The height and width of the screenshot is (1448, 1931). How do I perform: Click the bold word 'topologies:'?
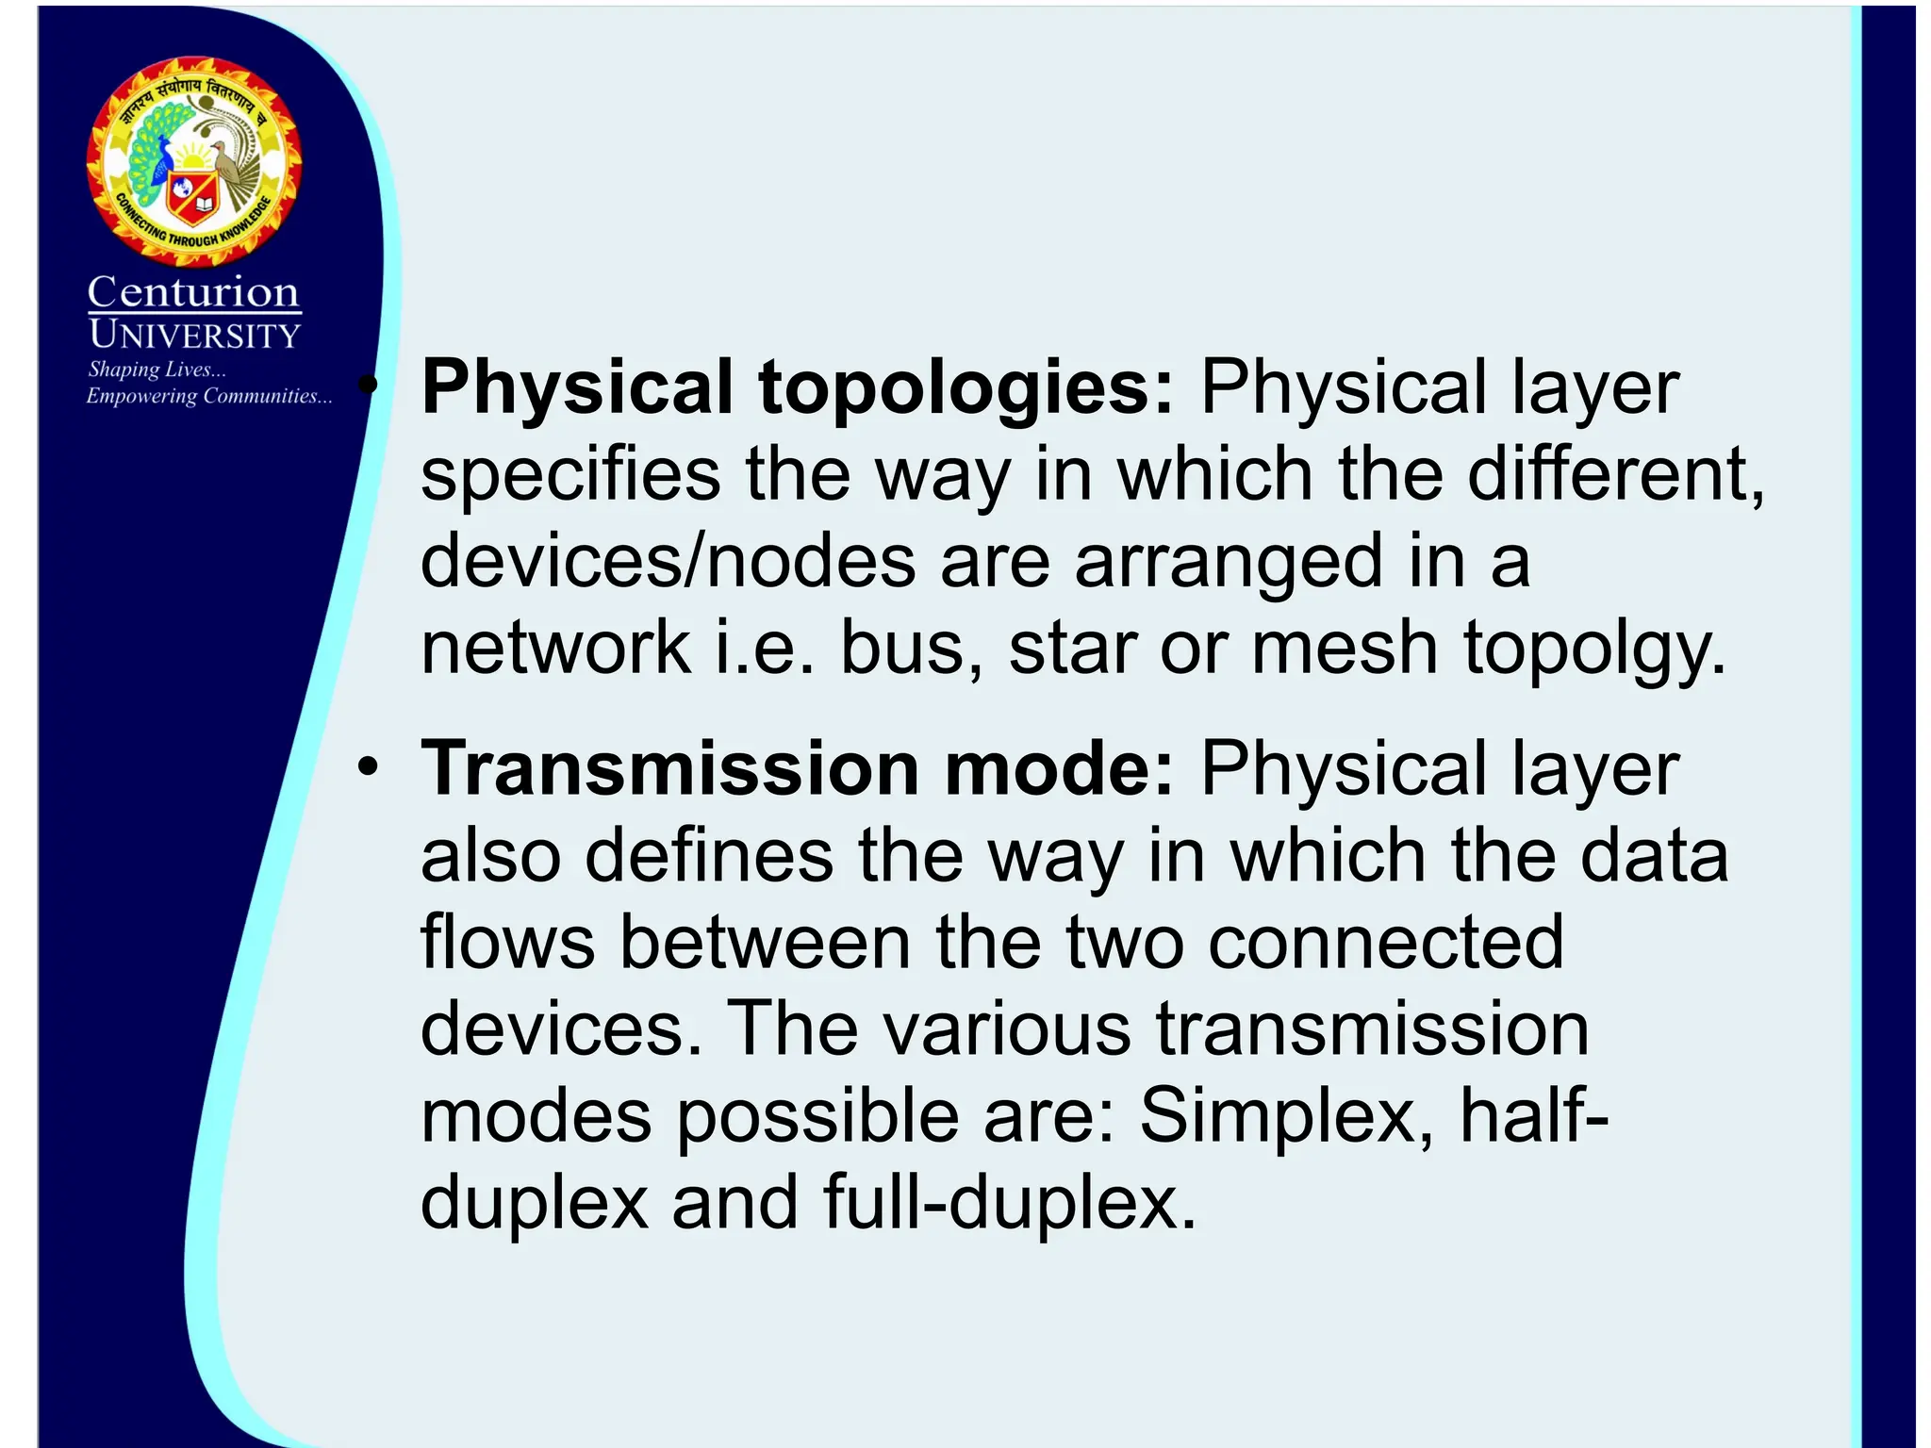click(x=966, y=388)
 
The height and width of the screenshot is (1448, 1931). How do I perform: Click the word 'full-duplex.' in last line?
click(x=1010, y=1202)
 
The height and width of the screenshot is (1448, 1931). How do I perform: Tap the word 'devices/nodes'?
click(x=668, y=561)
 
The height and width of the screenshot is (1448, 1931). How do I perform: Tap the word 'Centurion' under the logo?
click(x=193, y=292)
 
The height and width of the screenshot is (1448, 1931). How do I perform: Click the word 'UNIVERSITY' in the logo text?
click(x=195, y=335)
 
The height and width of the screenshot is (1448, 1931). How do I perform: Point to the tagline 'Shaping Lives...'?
click(x=157, y=370)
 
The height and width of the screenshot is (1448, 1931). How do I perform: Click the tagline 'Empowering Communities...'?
click(x=209, y=396)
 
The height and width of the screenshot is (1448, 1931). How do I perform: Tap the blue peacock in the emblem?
click(x=156, y=156)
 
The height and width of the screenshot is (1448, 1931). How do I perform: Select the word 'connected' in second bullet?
click(x=1385, y=942)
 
